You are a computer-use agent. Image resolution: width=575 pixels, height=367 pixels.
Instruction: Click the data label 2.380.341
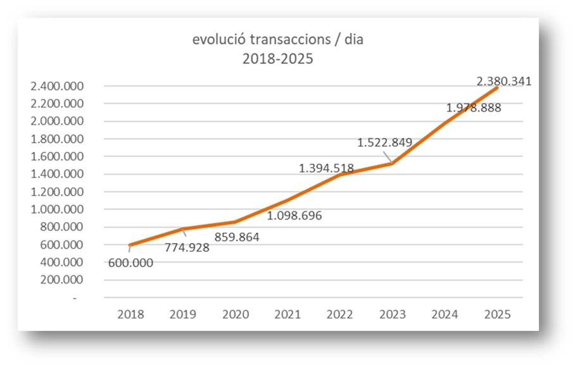coord(503,81)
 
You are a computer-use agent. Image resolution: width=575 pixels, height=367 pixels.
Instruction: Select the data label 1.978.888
coord(473,108)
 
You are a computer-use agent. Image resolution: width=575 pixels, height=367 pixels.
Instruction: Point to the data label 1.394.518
coord(326,168)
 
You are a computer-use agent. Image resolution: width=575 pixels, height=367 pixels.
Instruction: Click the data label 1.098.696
coord(294,216)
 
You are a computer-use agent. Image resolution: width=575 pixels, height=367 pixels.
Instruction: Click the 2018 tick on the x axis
coord(130,314)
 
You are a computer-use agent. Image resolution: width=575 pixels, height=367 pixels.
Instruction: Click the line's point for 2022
coord(341,174)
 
